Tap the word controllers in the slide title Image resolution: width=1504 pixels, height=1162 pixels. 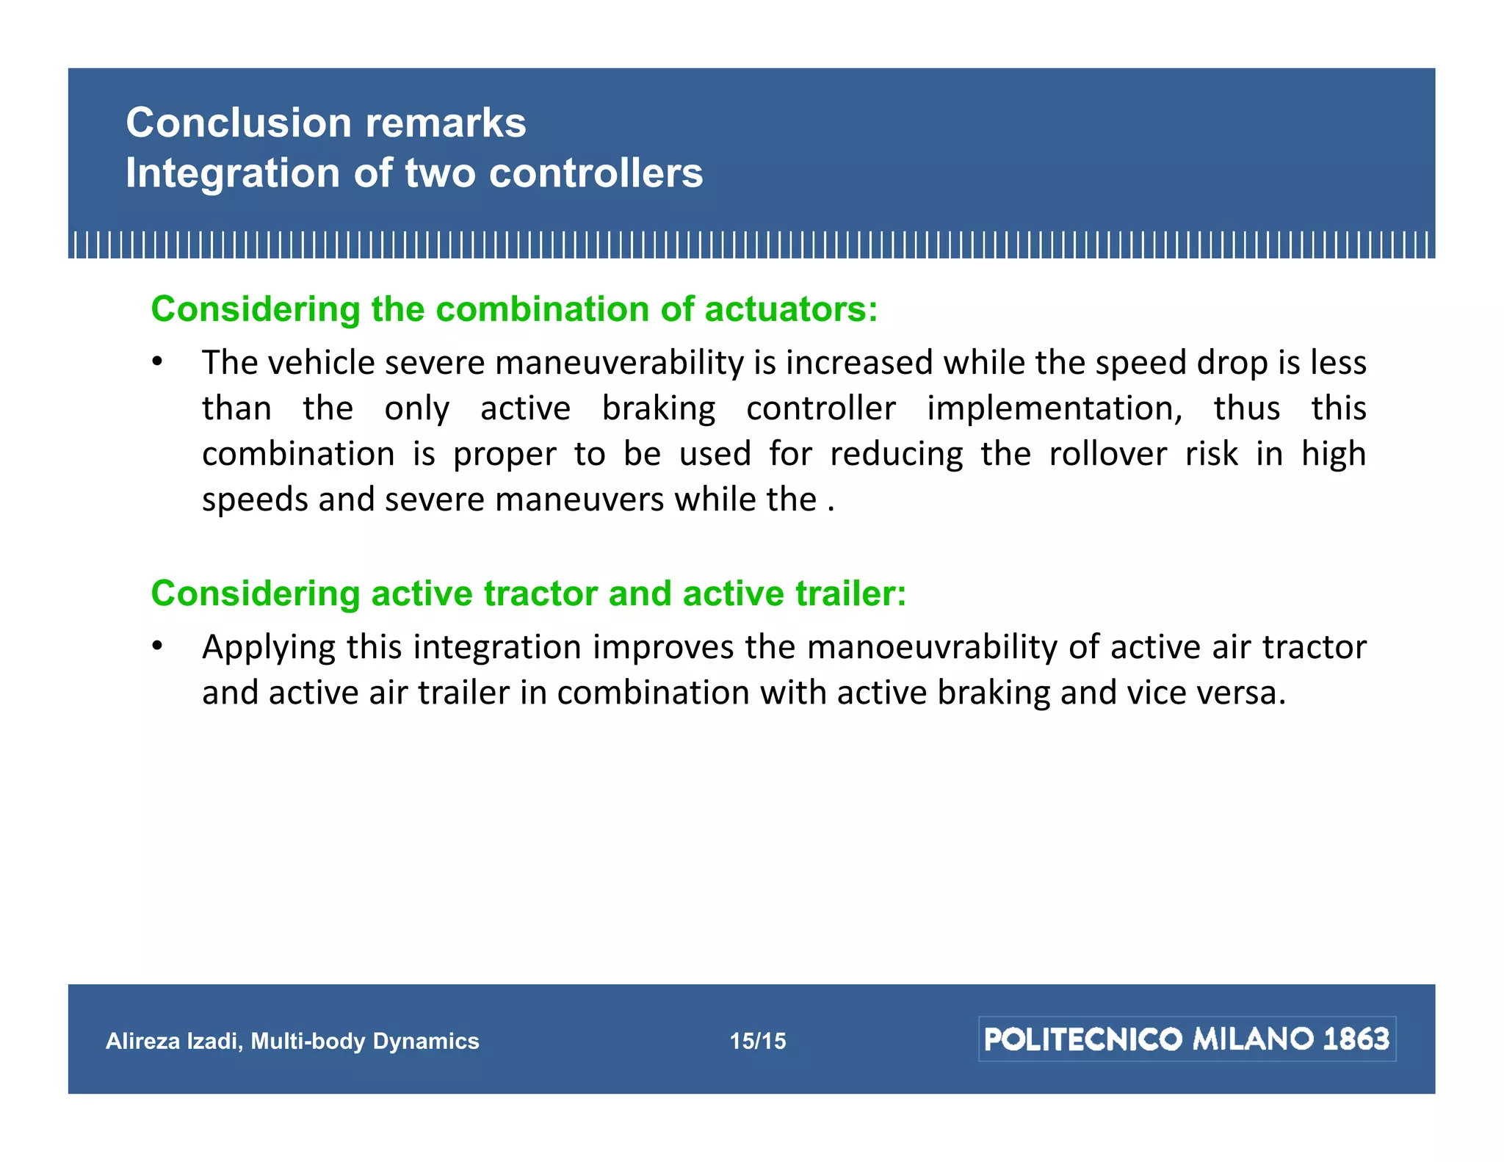596,173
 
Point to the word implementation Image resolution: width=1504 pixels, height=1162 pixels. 1054,408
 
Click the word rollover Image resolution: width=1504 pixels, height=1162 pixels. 1107,454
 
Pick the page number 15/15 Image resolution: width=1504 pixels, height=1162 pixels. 757,1041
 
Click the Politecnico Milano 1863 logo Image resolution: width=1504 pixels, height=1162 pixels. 1187,1039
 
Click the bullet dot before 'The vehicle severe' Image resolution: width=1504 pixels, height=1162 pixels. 156,362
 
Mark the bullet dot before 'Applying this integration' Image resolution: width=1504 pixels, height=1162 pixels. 156,646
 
